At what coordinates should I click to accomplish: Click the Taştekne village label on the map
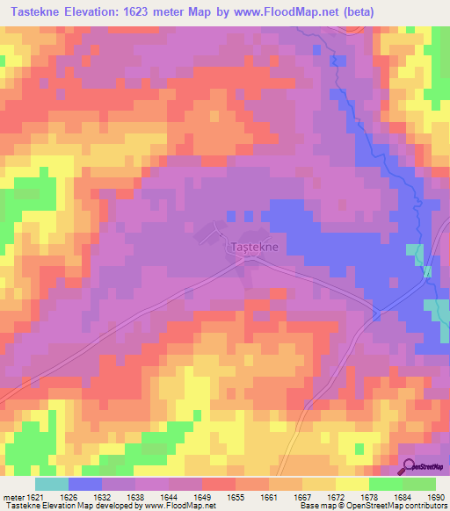254,248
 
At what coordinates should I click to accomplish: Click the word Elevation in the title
100,12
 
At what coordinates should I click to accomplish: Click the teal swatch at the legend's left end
52,484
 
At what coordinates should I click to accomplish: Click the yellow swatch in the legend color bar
352,484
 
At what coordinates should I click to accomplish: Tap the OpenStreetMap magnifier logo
410,466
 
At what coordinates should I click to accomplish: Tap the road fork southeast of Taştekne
376,313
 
